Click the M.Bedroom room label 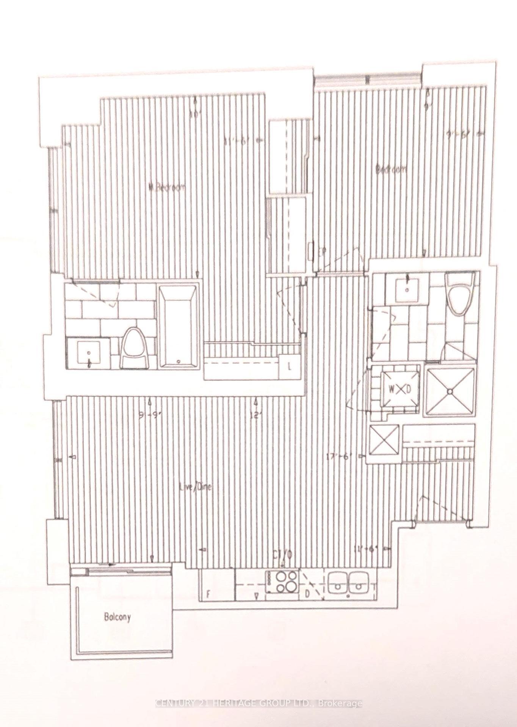(x=167, y=187)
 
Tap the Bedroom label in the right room (x=391, y=169)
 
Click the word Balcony (x=117, y=617)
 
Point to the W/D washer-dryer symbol (x=396, y=389)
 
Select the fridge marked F (x=216, y=584)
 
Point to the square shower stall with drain (x=450, y=392)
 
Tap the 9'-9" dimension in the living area (x=150, y=415)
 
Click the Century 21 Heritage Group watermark (x=258, y=704)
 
